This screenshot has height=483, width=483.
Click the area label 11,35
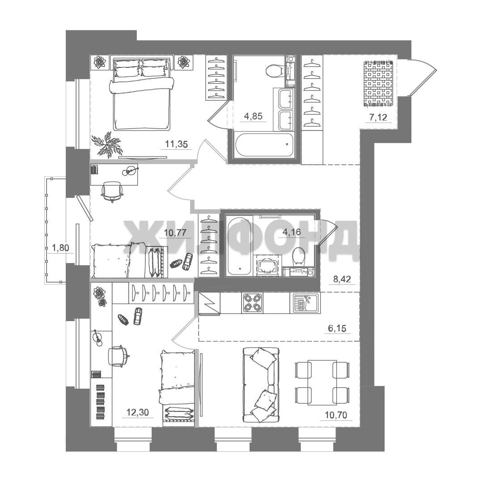pos(176,144)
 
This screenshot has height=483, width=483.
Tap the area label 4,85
pos(253,116)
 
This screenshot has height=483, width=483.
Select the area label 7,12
pos(377,117)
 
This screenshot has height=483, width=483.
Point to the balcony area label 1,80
pos(60,248)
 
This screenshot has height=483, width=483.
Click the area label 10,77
pos(175,232)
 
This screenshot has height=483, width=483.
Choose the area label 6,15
pos(337,329)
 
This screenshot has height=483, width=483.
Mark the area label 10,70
pos(336,415)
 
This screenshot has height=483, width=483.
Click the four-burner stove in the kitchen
pos(253,303)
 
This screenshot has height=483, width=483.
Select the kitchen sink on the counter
pos(305,303)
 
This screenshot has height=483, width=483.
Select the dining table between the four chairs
pos(322,382)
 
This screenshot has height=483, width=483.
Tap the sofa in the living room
pos(261,385)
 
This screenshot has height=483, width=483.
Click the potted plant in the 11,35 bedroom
pos(106,144)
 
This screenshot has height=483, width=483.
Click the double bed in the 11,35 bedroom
pos(142,94)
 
